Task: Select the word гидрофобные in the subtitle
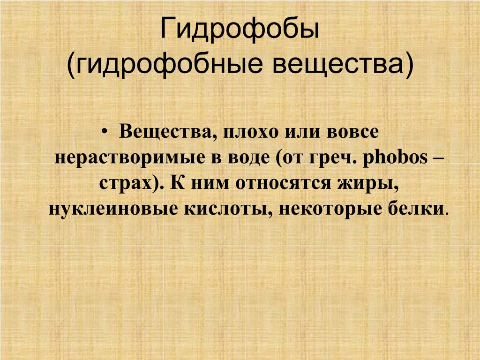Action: click(165, 64)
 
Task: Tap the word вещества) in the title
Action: click(343, 64)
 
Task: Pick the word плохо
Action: click(251, 132)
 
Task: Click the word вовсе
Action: click(352, 132)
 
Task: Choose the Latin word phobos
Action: click(395, 157)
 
